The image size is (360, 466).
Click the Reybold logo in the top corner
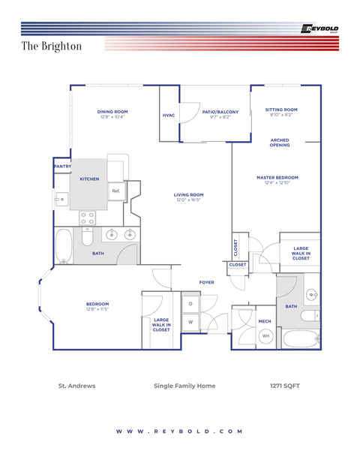pos(320,29)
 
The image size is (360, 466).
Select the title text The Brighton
pos(52,46)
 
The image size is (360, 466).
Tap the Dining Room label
pos(112,112)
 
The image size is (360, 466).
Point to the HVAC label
pos(169,115)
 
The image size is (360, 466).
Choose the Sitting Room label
pos(281,110)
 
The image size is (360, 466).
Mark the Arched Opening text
pos(280,143)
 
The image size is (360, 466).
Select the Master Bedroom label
pos(277,177)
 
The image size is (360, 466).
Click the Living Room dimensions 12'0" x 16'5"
pos(190,200)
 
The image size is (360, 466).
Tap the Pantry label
pos(62,167)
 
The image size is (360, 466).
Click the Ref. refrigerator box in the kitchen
pos(116,191)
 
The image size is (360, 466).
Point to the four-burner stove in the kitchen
pos(88,218)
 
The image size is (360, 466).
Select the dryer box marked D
pos(190,304)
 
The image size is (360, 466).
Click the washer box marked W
pos(190,322)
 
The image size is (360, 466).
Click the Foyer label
pos(206,282)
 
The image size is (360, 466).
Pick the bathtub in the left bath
pos(63,245)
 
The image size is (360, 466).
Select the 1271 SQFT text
pos(285,386)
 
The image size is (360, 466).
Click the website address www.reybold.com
pos(180,431)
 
